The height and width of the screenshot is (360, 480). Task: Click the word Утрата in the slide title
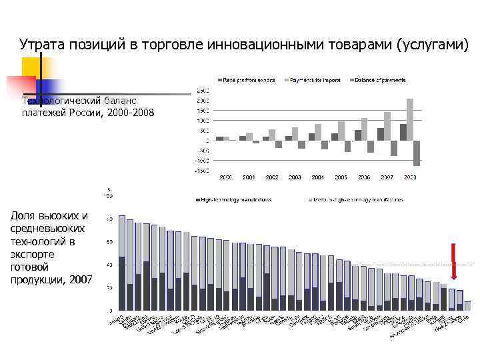tap(43, 45)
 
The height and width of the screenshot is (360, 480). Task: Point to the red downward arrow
tap(453, 262)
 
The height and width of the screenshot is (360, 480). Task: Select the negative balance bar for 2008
tap(417, 153)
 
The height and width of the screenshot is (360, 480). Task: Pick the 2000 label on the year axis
tap(226, 177)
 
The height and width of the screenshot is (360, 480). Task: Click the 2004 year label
tap(318, 177)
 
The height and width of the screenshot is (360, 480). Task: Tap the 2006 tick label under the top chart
tap(364, 177)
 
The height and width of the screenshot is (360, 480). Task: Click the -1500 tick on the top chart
tap(200, 171)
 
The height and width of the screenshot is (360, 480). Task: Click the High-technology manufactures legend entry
tap(233, 199)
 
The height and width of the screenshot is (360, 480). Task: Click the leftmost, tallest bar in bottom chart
tap(122, 263)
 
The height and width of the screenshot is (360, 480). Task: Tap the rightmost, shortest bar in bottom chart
tap(467, 306)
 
